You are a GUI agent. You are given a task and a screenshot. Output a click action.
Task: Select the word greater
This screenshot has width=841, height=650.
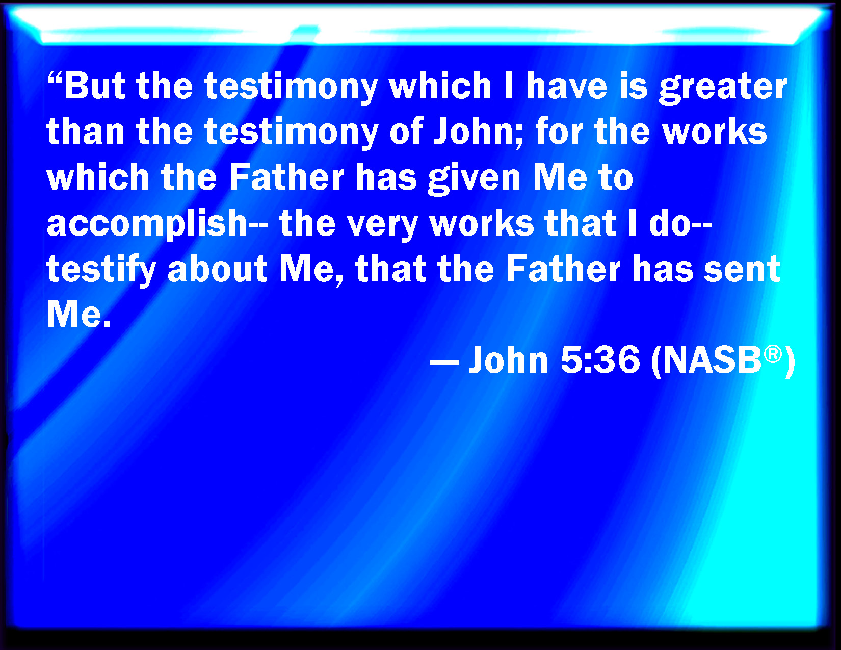[x=723, y=88]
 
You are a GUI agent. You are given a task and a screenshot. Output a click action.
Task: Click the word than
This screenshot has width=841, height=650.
[x=85, y=131]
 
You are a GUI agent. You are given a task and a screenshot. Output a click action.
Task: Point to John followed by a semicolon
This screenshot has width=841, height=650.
[x=479, y=133]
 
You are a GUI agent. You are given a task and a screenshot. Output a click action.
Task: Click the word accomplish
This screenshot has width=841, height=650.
[x=147, y=225]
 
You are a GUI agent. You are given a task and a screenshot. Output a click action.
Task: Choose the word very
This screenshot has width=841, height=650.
[x=382, y=226]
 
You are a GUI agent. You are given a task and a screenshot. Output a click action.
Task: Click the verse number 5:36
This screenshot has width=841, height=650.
[x=600, y=359]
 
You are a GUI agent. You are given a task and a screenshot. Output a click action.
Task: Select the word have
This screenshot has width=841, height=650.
[x=566, y=86]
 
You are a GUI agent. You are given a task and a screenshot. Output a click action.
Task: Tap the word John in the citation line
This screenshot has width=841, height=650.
[x=508, y=360]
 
